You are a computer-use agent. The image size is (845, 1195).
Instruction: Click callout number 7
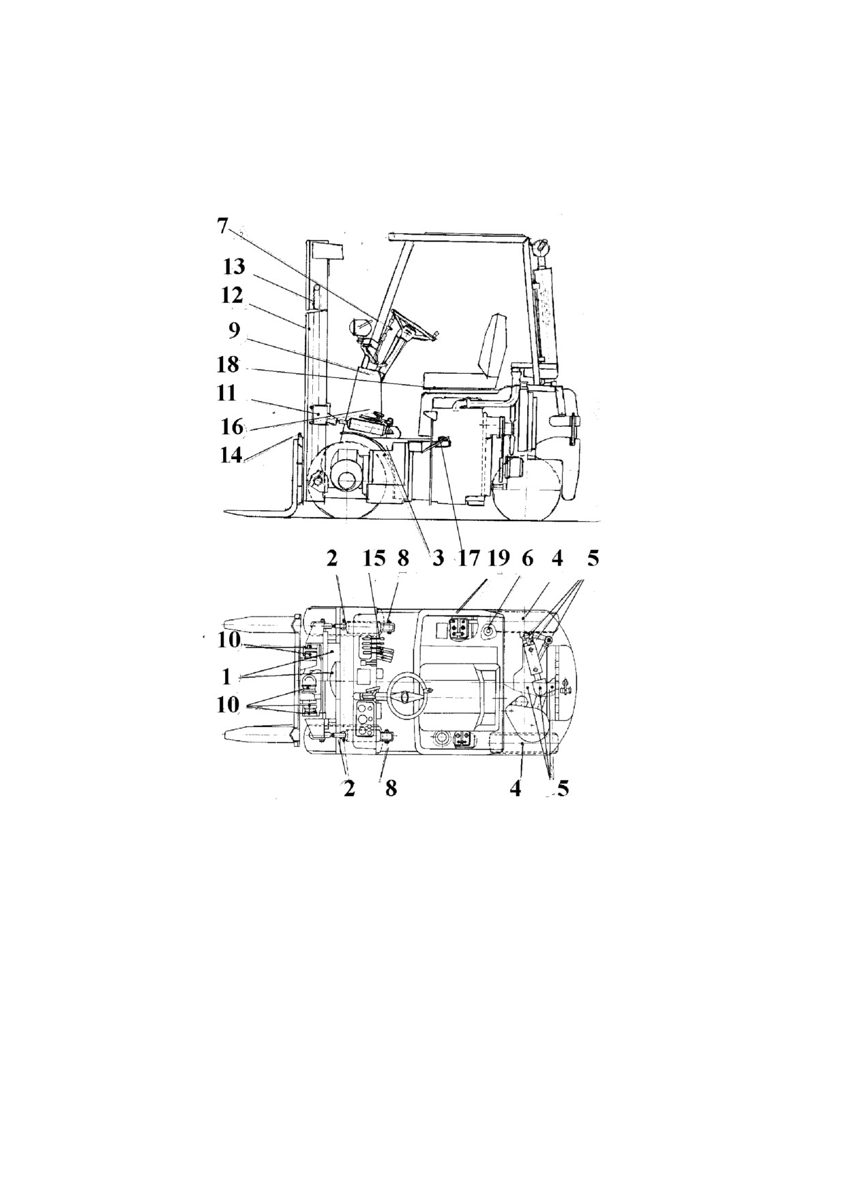tap(223, 226)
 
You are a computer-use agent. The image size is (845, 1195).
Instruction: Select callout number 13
tap(233, 267)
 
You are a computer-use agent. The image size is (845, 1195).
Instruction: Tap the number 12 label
tap(232, 295)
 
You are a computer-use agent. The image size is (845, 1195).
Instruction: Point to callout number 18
tap(228, 364)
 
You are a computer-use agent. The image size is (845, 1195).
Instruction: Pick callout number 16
tap(233, 426)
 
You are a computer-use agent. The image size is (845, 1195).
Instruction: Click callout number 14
tap(231, 454)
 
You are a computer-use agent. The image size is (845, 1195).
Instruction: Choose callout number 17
tap(469, 558)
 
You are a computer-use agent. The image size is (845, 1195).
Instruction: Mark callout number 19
tap(499, 558)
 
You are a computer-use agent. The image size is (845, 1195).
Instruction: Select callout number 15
tap(374, 558)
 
